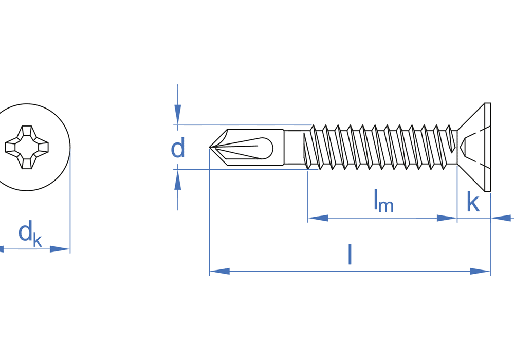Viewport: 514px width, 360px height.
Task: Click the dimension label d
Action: click(x=178, y=149)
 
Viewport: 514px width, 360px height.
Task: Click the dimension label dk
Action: click(x=30, y=234)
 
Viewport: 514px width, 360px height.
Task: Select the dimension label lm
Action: click(x=383, y=201)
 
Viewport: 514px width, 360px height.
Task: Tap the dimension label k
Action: click(x=472, y=203)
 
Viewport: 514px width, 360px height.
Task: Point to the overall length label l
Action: click(x=350, y=255)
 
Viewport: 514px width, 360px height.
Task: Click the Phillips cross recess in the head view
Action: click(x=27, y=147)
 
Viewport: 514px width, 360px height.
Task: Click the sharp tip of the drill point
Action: click(x=210, y=148)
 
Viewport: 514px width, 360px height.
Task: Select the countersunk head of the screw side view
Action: click(x=473, y=147)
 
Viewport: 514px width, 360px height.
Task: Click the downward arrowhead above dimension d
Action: click(x=178, y=114)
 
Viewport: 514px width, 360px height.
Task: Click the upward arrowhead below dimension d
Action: click(x=178, y=181)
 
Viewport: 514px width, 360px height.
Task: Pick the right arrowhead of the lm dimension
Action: click(x=447, y=218)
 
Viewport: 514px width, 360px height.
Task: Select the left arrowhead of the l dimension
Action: click(x=219, y=271)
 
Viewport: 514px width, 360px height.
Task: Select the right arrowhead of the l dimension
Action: click(x=480, y=271)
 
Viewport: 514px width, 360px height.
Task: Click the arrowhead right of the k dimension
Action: click(x=501, y=218)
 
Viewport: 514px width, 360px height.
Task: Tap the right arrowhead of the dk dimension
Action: click(x=60, y=249)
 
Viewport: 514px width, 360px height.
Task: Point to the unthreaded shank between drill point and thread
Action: click(x=293, y=148)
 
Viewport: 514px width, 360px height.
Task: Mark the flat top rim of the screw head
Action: click(x=488, y=147)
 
